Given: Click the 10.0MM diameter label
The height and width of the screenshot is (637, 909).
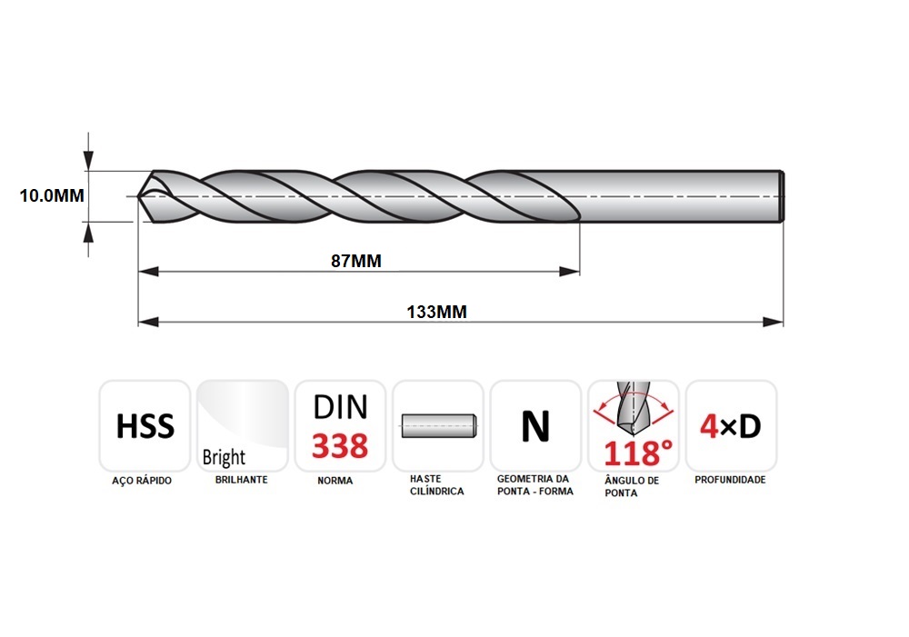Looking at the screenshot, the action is (x=52, y=196).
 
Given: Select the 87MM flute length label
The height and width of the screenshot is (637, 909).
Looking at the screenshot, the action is (x=356, y=261).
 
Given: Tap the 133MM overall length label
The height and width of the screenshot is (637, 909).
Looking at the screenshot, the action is (x=436, y=312).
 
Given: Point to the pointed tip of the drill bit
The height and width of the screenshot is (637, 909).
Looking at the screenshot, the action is (x=138, y=196).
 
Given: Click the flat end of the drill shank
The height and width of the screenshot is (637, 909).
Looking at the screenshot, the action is (x=783, y=196).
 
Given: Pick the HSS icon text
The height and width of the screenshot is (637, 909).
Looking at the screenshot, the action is (x=145, y=426).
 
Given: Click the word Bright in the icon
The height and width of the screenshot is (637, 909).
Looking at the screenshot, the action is (x=224, y=457).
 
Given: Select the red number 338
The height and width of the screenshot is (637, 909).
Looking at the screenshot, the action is (x=340, y=445).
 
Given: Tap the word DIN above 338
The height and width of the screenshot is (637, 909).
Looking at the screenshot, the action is (x=340, y=407).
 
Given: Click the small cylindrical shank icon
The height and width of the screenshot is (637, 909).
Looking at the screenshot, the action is (x=438, y=426).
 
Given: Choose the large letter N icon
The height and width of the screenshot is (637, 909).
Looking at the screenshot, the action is (x=535, y=426).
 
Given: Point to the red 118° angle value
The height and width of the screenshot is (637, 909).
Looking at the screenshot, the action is (x=638, y=453).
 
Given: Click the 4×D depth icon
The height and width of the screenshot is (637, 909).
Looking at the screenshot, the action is (x=731, y=426).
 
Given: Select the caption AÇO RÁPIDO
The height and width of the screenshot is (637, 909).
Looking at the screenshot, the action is (x=142, y=481).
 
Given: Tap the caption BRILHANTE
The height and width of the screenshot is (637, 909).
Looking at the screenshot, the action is (x=241, y=480).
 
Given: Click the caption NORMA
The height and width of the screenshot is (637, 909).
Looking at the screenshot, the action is (x=335, y=481).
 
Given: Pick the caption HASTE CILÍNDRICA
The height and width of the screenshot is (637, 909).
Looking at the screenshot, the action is (x=437, y=485).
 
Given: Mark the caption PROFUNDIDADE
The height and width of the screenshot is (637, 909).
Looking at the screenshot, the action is (x=730, y=480).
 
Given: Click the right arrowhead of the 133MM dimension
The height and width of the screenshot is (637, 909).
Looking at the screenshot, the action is (x=774, y=322).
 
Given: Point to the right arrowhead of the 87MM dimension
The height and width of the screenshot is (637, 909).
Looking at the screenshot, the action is (x=569, y=272).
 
